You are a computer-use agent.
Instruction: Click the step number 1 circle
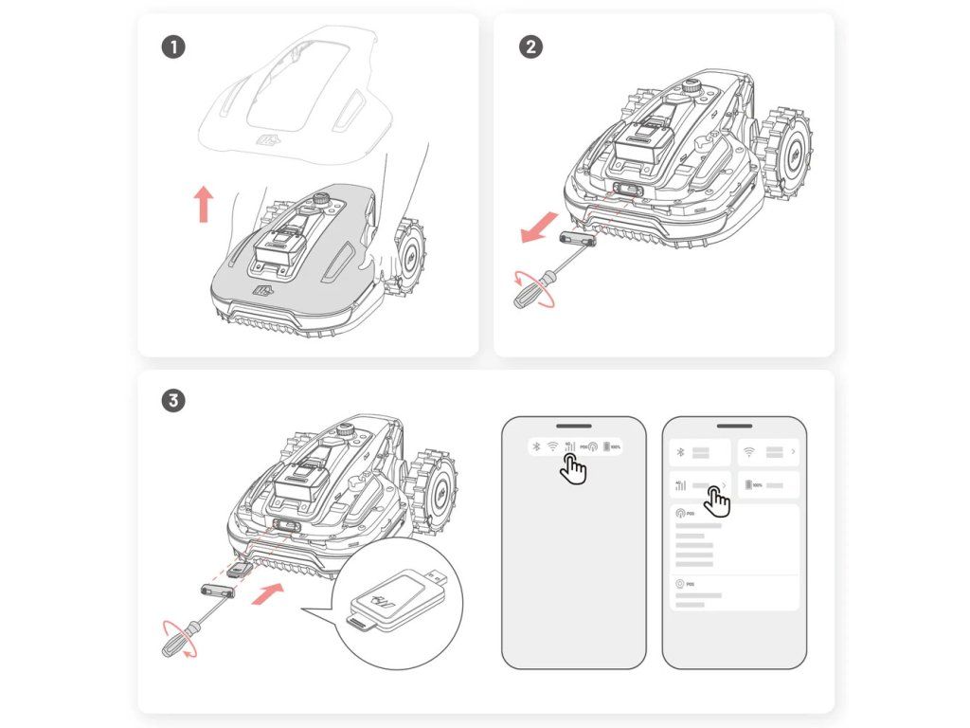click(172, 46)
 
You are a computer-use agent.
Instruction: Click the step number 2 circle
click(532, 46)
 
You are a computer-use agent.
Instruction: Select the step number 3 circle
click(172, 401)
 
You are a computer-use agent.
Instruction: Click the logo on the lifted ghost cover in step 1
click(268, 141)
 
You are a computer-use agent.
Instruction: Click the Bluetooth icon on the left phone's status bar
click(534, 446)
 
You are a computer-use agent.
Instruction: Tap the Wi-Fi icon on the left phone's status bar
click(551, 446)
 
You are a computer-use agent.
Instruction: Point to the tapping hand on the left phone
click(572, 467)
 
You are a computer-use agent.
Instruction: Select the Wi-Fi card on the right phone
click(767, 452)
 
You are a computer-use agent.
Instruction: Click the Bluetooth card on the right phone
click(700, 452)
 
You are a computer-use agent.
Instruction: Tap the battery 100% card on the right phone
click(767, 485)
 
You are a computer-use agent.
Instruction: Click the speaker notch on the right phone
click(734, 426)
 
